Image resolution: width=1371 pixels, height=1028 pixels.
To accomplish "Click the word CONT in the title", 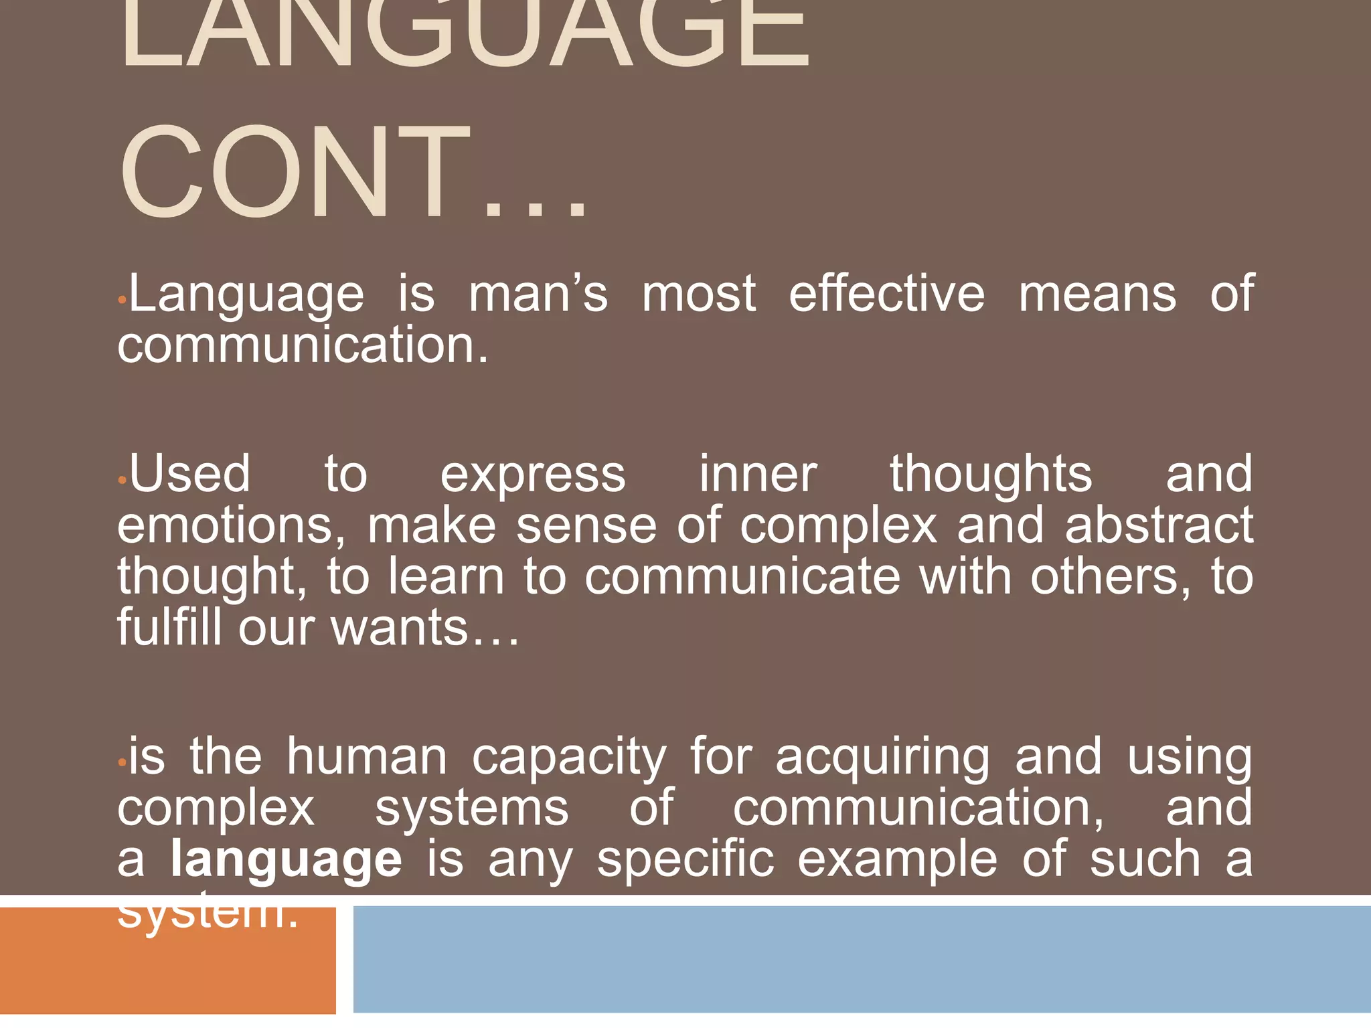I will click(295, 173).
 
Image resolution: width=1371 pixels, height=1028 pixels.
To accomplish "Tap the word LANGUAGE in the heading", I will click(464, 33).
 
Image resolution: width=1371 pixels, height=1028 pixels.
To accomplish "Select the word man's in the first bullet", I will click(538, 294).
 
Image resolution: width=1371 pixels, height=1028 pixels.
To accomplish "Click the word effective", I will click(886, 294).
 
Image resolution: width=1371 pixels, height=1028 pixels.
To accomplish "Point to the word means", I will click(1097, 294).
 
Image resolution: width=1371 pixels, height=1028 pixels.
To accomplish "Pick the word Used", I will click(190, 474).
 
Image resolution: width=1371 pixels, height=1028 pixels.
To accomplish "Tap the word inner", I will click(758, 474).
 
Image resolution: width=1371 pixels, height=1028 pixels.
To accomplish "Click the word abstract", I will click(1159, 525).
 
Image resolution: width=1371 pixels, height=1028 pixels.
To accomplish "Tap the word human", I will click(367, 757).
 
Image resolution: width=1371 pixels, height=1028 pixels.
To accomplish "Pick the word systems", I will click(471, 808).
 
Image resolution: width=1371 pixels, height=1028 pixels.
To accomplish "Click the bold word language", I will click(287, 860).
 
